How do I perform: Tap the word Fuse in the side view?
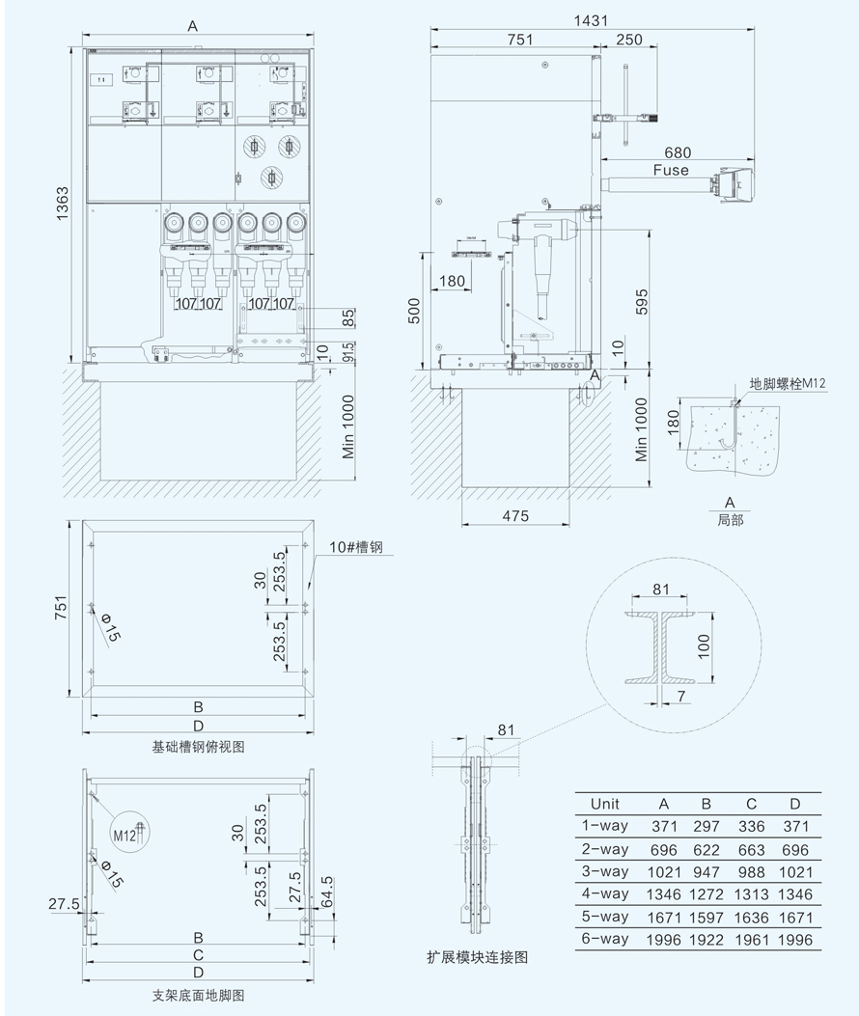click(x=670, y=171)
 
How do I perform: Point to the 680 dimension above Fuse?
click(x=678, y=152)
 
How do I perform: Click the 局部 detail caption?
click(x=730, y=518)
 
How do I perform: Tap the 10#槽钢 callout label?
click(x=356, y=548)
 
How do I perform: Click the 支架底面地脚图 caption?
click(x=199, y=994)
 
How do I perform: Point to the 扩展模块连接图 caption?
click(x=478, y=957)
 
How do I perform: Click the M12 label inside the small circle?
click(x=123, y=836)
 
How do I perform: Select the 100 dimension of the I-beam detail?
click(x=705, y=645)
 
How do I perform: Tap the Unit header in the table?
click(x=604, y=804)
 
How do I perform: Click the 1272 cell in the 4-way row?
click(x=707, y=894)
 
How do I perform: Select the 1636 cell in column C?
click(x=751, y=917)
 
